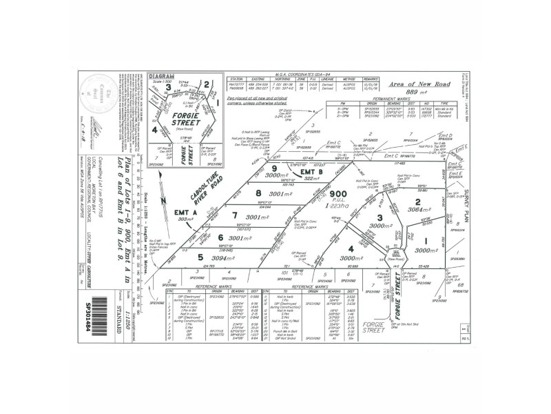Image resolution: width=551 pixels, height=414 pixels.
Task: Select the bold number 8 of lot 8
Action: [x=258, y=193]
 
